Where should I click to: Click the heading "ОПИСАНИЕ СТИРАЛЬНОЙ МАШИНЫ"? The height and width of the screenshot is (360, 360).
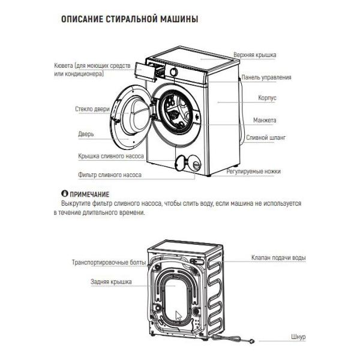130,20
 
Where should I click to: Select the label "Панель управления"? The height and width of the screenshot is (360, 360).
266,77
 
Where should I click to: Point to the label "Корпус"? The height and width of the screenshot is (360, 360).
268,97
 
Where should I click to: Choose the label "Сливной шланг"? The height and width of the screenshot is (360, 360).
266,137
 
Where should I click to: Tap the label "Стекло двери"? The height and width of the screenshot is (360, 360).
92,110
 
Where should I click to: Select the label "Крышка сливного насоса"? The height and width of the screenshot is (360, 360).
110,155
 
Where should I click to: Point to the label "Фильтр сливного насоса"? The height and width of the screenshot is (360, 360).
110,175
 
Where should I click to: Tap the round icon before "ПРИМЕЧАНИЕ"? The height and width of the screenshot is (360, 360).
65,194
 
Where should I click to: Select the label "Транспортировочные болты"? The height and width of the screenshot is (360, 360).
108,263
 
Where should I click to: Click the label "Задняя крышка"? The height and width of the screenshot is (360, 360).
111,281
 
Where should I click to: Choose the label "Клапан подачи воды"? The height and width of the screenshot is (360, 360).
278,258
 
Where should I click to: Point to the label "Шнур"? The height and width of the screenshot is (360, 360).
298,337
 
